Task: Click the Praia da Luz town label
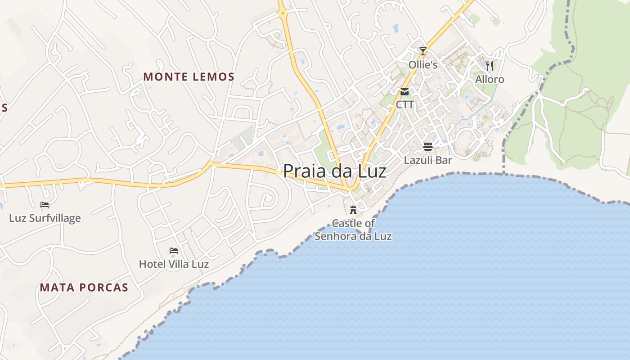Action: tap(334, 171)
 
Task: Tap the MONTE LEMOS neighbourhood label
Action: tap(189, 76)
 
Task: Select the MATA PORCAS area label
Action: tap(84, 288)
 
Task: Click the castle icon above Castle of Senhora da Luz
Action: tap(353, 210)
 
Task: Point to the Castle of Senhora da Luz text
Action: tap(353, 229)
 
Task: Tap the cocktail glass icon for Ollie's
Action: tap(423, 51)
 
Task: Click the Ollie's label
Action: tap(423, 65)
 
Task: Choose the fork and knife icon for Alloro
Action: tap(490, 66)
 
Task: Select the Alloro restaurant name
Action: tap(490, 80)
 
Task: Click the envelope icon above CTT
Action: tap(405, 92)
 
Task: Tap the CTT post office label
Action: tap(405, 105)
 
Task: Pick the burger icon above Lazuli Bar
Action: tap(427, 146)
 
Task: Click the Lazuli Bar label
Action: tap(427, 160)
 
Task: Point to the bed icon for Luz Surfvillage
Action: tap(45, 205)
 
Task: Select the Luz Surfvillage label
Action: tap(45, 218)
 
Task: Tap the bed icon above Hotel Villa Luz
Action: tap(174, 251)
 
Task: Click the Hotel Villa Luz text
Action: tap(174, 264)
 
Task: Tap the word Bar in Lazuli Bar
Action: tap(443, 160)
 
